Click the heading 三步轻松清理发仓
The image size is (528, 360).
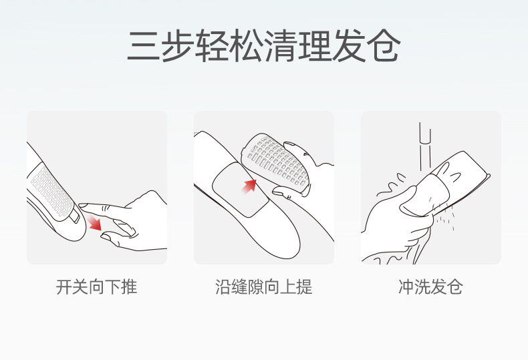click(x=263, y=46)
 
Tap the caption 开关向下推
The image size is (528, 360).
click(x=97, y=287)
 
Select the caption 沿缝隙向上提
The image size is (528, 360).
click(x=263, y=287)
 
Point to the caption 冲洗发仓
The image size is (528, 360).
click(x=430, y=287)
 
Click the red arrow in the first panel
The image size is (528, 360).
click(x=94, y=222)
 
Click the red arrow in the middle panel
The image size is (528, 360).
click(x=249, y=186)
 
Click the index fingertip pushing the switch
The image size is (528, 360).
click(x=83, y=205)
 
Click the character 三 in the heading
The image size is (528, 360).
click(x=143, y=46)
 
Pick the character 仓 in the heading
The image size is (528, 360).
click(x=384, y=46)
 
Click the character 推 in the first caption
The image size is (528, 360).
click(x=129, y=287)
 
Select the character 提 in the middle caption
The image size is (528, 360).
click(x=305, y=287)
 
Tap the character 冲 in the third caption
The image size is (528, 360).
click(x=406, y=287)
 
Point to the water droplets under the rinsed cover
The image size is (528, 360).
click(x=444, y=216)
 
